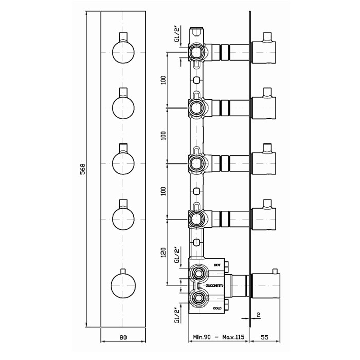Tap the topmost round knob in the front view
(x=123, y=52)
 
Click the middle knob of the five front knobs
(x=123, y=163)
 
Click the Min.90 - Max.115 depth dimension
(x=218, y=338)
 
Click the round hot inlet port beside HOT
(x=198, y=273)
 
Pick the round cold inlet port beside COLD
(x=198, y=298)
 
